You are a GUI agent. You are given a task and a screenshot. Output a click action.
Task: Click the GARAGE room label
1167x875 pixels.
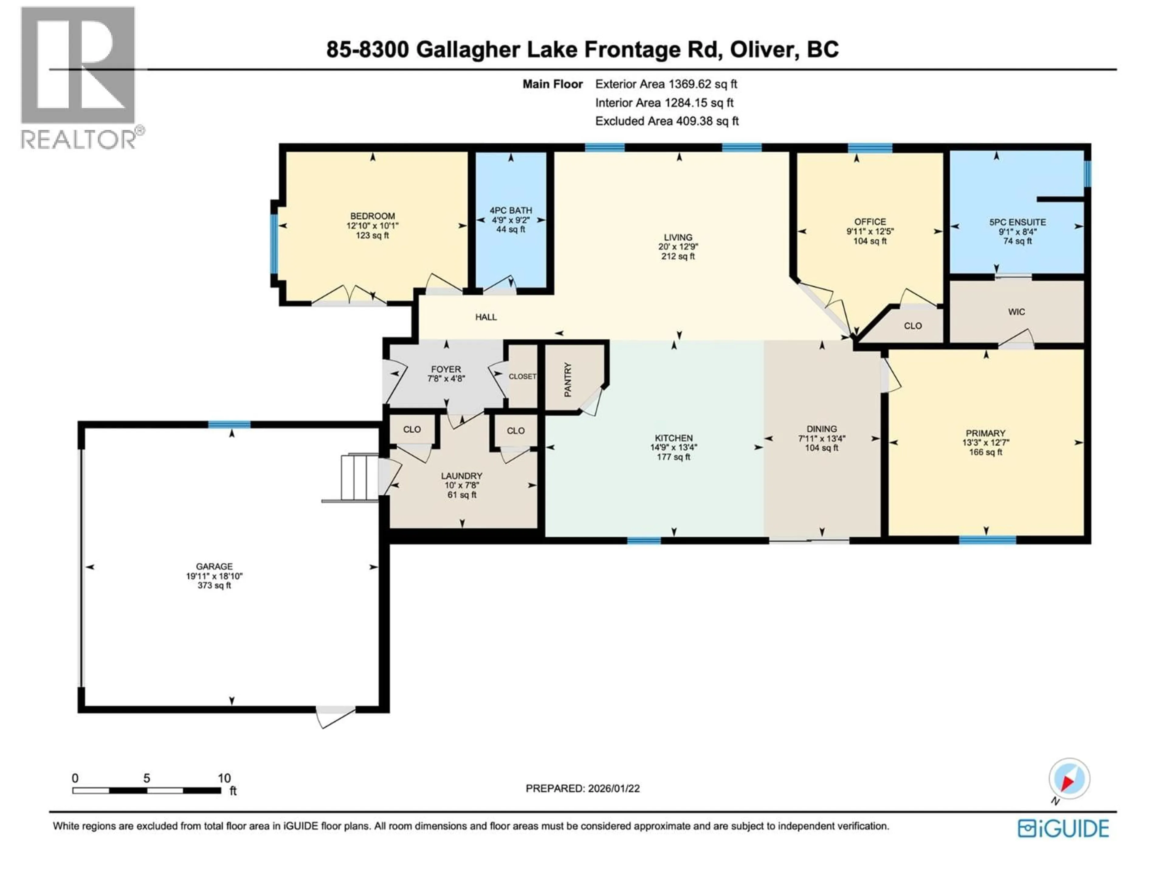tap(214, 566)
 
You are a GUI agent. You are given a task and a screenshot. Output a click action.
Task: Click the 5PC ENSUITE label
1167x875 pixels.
tap(1017, 222)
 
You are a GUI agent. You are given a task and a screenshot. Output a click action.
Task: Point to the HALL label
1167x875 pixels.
tap(486, 317)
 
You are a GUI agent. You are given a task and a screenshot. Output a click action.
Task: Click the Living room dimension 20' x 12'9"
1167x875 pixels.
tap(678, 247)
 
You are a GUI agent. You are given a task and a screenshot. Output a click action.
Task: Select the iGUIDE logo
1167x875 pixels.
tap(1063, 829)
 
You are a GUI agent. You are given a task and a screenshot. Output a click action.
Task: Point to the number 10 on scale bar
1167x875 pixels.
tap(224, 778)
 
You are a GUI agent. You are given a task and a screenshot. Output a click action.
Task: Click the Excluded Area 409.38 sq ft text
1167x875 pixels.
tap(667, 121)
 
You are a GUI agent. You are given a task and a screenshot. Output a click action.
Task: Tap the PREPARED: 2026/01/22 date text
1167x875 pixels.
tap(583, 788)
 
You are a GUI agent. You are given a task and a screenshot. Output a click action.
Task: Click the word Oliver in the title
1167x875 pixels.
tap(762, 50)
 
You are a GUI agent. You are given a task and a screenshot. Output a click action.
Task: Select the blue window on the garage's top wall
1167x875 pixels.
tap(229, 424)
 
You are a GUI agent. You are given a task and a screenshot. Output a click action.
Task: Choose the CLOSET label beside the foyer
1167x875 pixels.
tap(522, 376)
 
